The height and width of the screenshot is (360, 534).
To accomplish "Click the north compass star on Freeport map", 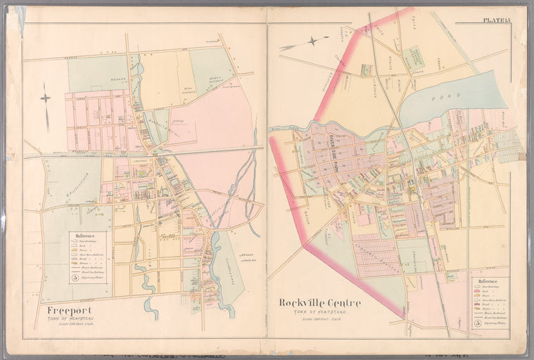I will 46,98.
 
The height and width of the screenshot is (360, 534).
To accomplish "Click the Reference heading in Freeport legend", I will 86,236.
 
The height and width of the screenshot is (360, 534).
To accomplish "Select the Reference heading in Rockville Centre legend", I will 488,281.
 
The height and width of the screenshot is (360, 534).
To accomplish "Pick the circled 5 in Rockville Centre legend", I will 478,323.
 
